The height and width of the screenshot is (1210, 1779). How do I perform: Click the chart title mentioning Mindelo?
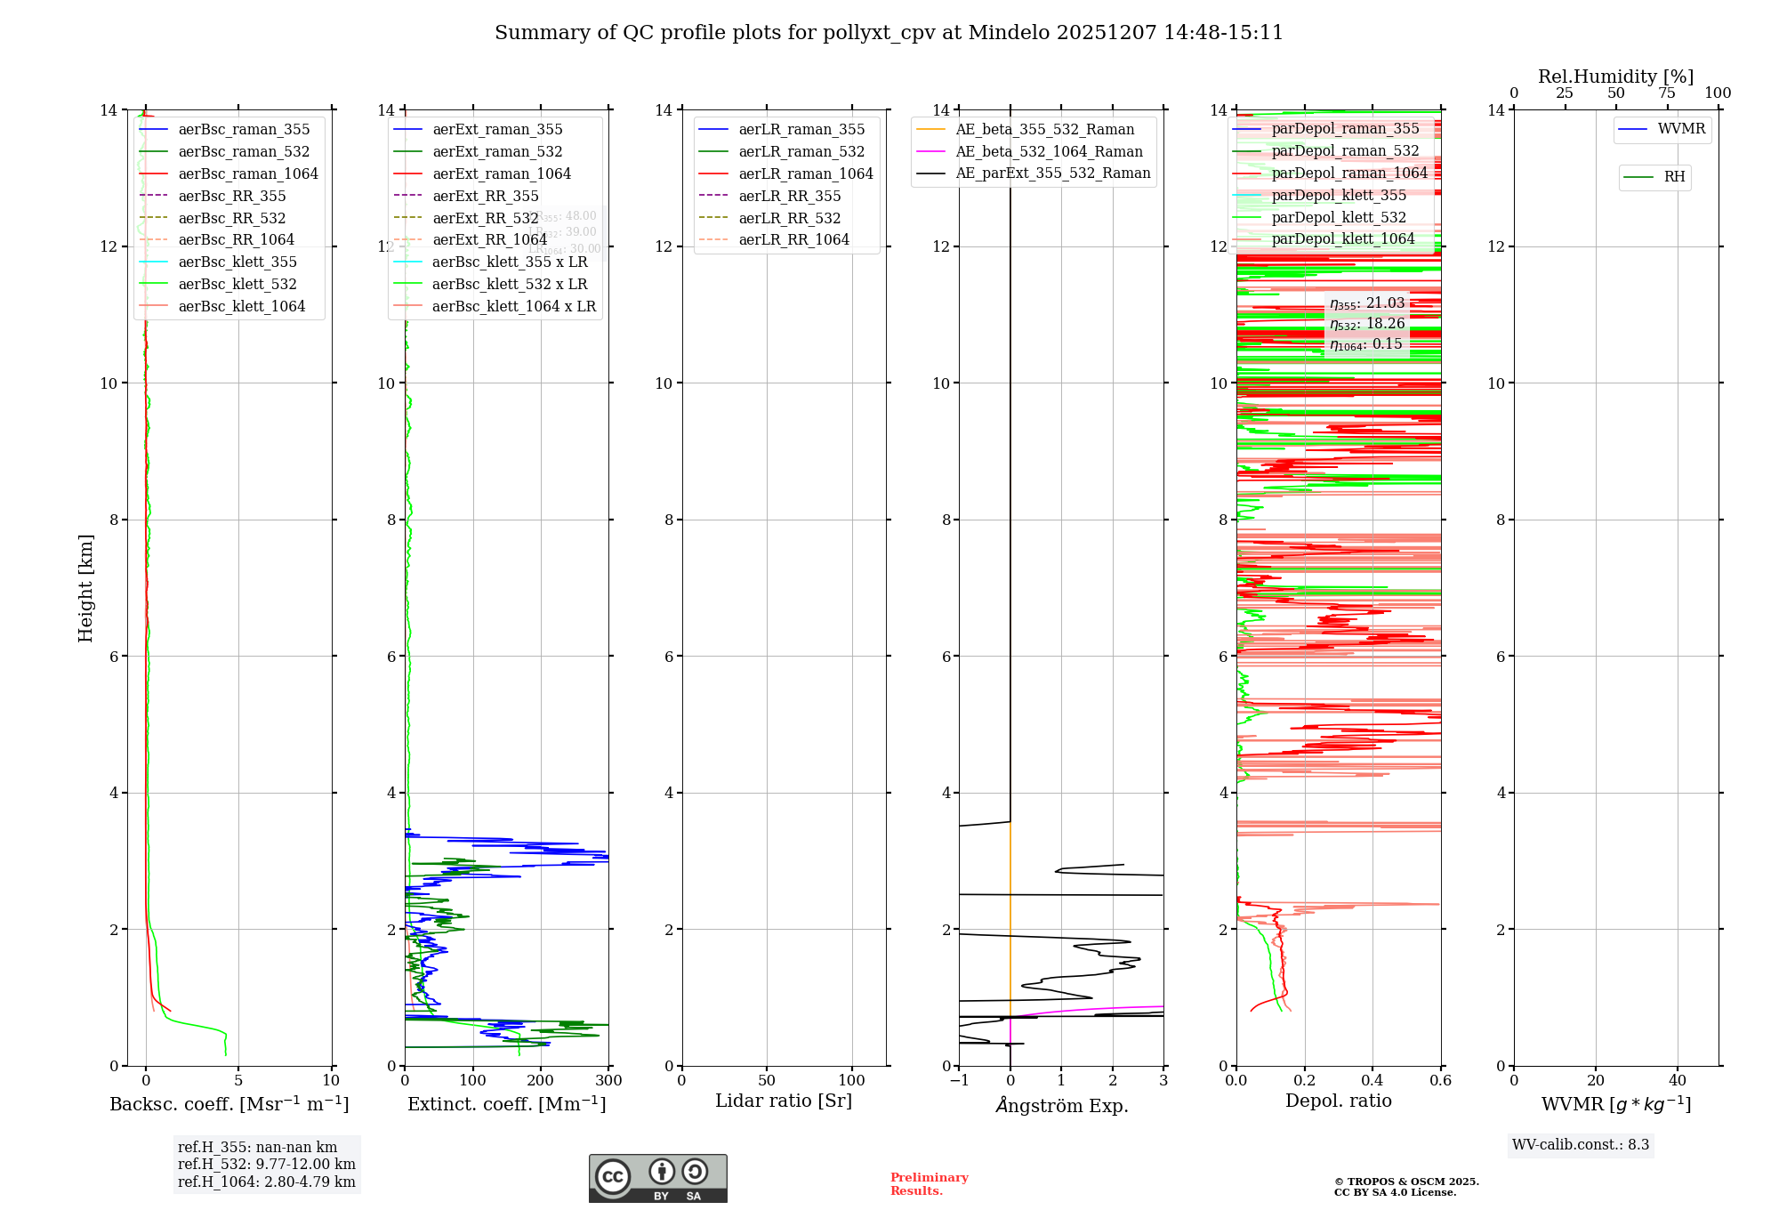tap(889, 33)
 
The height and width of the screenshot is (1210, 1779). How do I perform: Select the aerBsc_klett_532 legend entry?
tap(237, 284)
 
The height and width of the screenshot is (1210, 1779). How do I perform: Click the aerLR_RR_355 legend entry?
tap(789, 196)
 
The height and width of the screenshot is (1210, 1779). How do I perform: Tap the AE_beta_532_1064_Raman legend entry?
tap(1048, 151)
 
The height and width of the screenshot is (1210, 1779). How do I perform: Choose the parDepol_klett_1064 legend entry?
tap(1342, 238)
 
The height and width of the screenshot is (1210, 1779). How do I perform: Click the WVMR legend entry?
tap(1680, 129)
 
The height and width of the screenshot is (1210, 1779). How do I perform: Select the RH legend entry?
tap(1673, 177)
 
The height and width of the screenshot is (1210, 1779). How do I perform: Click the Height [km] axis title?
tap(85, 587)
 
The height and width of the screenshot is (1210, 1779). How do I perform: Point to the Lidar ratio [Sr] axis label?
tap(783, 1101)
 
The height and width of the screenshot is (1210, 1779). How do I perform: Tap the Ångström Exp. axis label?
tap(1061, 1105)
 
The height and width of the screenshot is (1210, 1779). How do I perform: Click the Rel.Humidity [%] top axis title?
tap(1615, 77)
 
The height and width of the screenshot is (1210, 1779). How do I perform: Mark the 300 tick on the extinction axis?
tap(608, 1080)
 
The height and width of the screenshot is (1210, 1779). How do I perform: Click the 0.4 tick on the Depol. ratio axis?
tap(1372, 1080)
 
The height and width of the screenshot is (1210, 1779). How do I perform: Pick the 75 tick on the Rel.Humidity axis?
tap(1667, 93)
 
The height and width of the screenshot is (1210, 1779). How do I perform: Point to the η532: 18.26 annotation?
tap(1367, 324)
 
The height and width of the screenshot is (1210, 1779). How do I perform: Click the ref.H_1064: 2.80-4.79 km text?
tap(266, 1182)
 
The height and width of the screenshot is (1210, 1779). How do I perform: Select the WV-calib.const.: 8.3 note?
tap(1580, 1144)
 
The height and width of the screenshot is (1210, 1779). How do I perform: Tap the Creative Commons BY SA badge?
tap(657, 1178)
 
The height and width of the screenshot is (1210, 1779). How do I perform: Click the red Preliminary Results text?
tap(929, 1183)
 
